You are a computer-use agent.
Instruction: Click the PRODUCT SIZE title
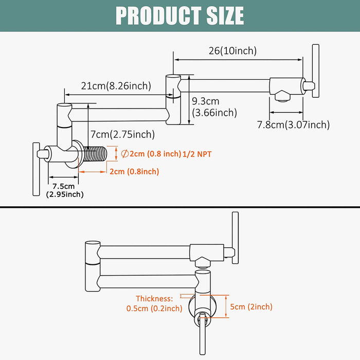pos(179,15)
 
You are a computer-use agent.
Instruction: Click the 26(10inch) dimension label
pos(232,50)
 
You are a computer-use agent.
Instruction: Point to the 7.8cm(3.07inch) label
pos(293,124)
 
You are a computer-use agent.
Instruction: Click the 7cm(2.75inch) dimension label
pos(122,134)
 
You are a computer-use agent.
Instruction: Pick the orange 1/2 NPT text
pos(197,154)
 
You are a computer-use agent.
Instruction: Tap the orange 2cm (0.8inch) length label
pos(134,171)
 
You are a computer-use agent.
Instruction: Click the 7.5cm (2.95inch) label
pos(64,190)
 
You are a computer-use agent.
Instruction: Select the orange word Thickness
pos(154,298)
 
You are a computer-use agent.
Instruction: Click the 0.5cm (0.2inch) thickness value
pos(154,309)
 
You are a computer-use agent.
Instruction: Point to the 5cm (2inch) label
pos(251,307)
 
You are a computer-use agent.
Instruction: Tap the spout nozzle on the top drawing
pos(282,95)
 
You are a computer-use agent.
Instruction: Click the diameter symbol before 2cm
pos(124,153)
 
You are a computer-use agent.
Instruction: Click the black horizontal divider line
pos(180,207)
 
